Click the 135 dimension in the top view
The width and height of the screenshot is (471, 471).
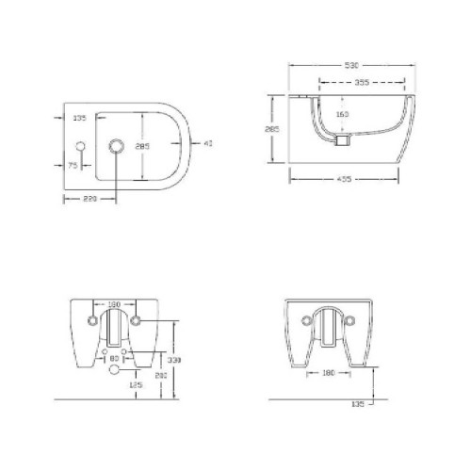[x=79, y=119]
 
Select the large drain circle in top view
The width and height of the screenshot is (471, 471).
[x=118, y=146]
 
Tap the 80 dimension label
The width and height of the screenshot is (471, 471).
[x=114, y=358]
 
